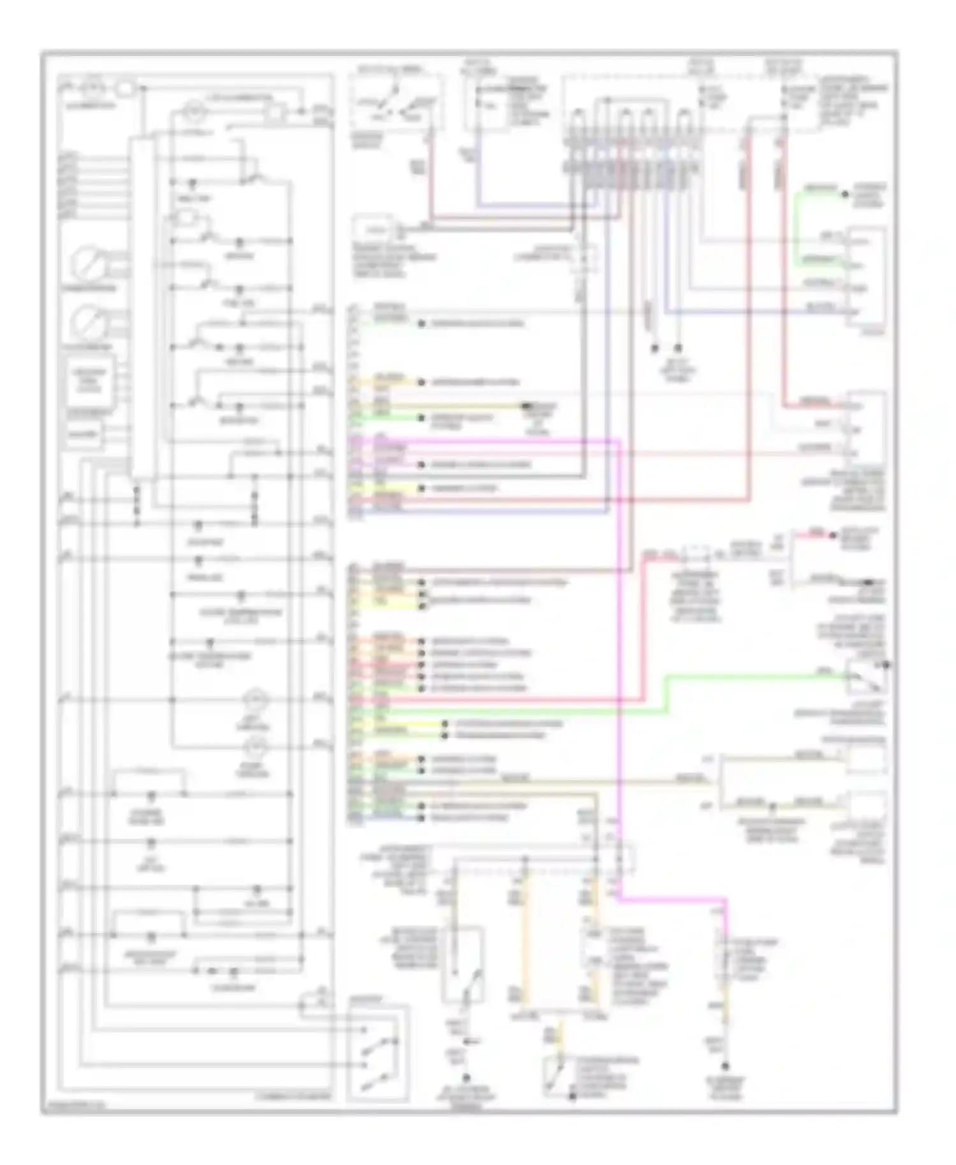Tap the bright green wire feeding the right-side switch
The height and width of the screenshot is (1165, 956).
point(752,676)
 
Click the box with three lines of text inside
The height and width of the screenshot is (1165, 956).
point(89,380)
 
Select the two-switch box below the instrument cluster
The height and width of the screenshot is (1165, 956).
point(379,1053)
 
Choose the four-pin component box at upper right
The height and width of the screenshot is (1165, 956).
point(866,277)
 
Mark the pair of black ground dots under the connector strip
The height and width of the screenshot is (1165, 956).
point(666,349)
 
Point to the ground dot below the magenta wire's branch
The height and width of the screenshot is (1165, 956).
point(725,1066)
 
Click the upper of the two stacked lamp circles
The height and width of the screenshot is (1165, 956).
point(257,700)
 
